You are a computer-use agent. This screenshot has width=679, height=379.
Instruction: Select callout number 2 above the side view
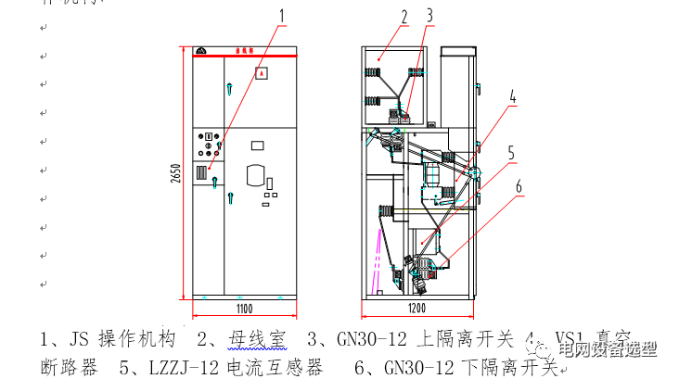(404, 16)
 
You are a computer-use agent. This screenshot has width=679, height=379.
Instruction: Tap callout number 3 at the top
(429, 16)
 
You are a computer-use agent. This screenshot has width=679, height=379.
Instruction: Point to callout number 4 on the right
(512, 95)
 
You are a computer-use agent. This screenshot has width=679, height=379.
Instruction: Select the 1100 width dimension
(244, 309)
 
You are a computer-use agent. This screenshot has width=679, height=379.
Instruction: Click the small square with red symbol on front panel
(262, 71)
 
